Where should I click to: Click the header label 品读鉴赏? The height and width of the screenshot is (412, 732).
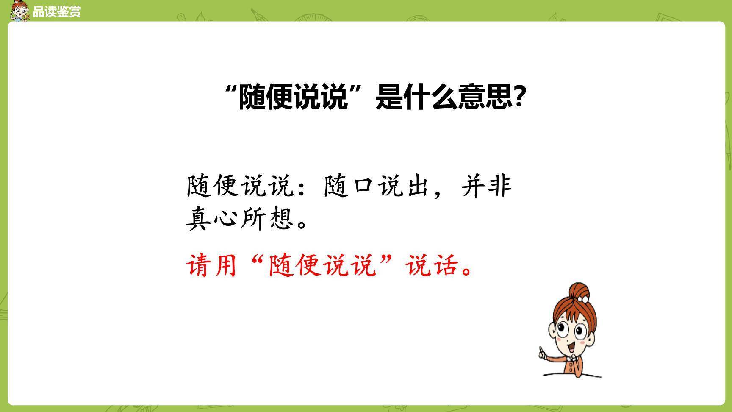[56, 11]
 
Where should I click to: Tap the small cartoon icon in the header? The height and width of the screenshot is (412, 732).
[20, 11]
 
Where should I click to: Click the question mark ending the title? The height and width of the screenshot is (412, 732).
[521, 97]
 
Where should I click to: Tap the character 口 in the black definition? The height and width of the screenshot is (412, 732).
[363, 186]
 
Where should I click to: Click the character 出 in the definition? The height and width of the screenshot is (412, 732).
[418, 186]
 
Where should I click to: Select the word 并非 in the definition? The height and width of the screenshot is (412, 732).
[487, 186]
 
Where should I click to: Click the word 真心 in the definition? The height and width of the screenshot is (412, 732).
[213, 219]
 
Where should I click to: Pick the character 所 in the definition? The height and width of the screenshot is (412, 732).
[255, 219]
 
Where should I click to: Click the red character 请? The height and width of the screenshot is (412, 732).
[200, 266]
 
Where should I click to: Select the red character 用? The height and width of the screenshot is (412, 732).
[225, 266]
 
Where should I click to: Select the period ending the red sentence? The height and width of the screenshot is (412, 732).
[466, 271]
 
